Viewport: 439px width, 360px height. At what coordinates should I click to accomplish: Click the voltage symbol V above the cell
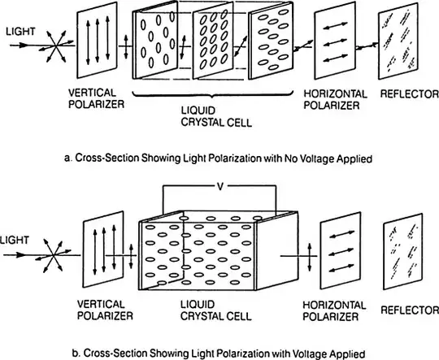(220, 186)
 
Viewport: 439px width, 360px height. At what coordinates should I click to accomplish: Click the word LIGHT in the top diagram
(20, 32)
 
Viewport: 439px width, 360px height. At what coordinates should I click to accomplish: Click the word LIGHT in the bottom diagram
(14, 240)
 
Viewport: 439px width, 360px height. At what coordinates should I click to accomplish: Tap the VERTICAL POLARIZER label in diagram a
(96, 98)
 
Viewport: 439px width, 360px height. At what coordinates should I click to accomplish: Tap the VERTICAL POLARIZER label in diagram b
(105, 310)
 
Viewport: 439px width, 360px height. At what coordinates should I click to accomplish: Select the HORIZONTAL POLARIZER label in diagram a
(336, 100)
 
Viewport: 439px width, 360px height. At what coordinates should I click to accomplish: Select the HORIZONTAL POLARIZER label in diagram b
(334, 310)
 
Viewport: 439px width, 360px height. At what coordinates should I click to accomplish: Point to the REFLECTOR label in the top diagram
(409, 94)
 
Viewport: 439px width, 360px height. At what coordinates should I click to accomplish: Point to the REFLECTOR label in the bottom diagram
(410, 310)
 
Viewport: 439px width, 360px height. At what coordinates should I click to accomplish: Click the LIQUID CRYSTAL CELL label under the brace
(216, 117)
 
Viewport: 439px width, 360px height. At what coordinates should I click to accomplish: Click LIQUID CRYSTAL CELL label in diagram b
(216, 310)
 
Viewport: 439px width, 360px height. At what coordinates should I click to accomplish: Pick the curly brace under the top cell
(213, 94)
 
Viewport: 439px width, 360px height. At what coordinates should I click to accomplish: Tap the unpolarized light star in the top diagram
(56, 46)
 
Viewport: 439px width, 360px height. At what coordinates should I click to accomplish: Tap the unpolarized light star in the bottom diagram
(53, 255)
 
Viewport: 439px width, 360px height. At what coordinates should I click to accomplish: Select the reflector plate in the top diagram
(398, 41)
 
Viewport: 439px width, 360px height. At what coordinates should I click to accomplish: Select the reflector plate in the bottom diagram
(403, 252)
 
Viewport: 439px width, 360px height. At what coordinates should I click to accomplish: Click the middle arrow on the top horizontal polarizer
(336, 43)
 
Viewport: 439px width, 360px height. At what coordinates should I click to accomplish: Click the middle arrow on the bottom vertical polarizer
(104, 250)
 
